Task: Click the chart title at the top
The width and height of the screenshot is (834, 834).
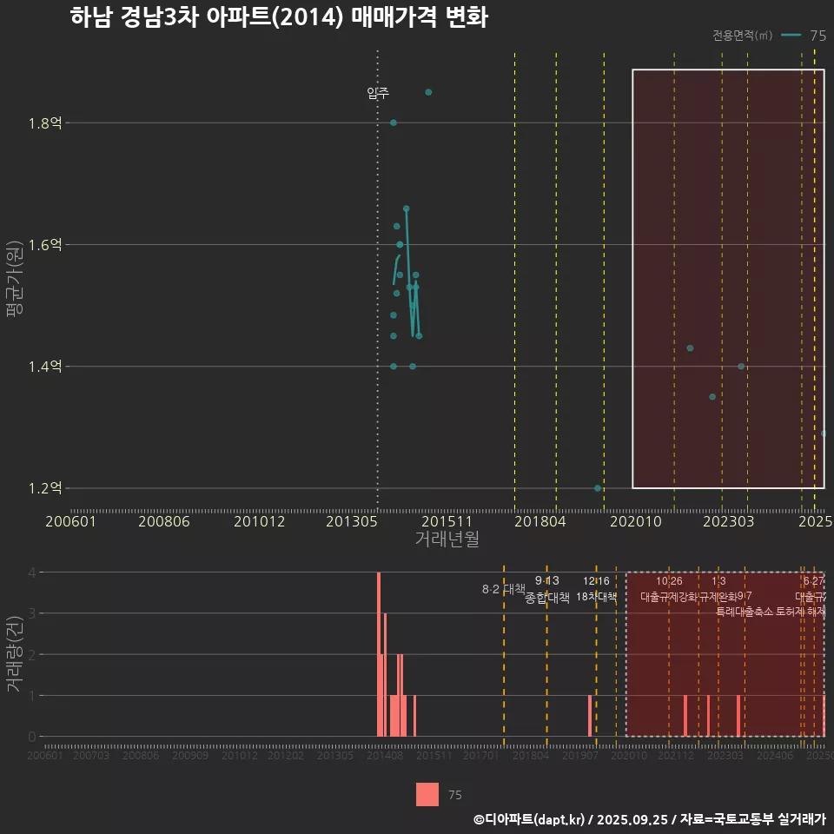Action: point(278,17)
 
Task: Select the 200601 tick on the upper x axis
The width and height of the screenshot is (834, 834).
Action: point(70,521)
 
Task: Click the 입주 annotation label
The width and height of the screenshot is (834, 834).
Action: point(378,93)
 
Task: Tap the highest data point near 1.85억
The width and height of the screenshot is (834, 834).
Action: point(428,92)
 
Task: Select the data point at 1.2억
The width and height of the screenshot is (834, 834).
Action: point(598,488)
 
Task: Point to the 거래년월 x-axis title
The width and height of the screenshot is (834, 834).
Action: point(447,539)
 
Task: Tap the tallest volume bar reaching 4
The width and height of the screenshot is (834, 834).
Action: point(379,653)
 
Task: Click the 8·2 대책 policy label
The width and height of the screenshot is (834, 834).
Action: point(504,589)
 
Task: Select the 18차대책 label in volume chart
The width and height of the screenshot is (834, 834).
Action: point(596,597)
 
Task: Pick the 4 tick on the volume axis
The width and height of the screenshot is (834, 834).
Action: point(31,573)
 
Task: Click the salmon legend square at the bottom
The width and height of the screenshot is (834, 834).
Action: point(427,794)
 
